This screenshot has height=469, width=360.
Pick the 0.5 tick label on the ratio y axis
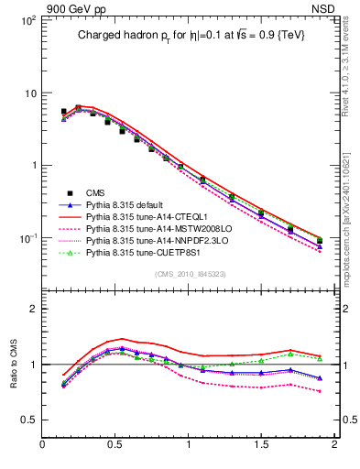[x=27, y=420]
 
